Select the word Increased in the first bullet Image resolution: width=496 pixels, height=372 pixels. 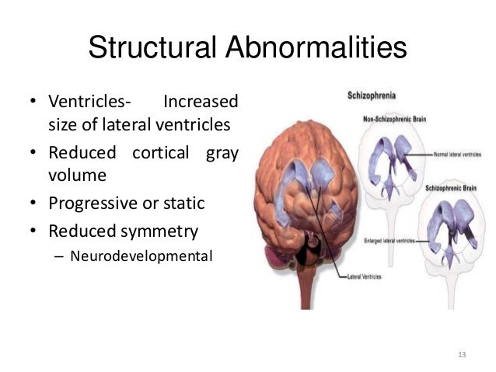click(199, 103)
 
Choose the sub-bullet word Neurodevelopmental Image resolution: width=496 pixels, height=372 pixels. click(141, 254)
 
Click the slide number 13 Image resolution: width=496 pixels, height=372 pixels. click(463, 354)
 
